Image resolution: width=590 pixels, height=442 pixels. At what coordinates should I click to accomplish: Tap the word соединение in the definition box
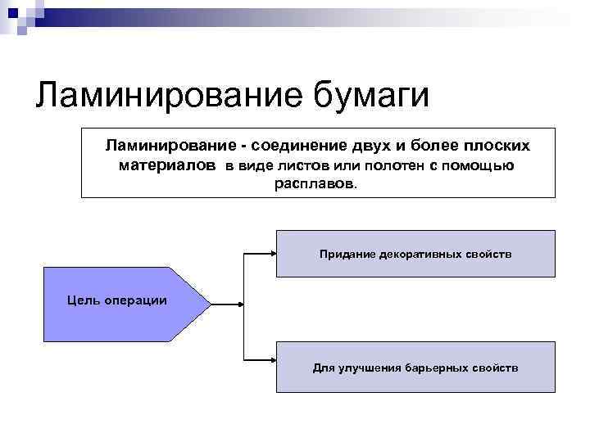coord(303,146)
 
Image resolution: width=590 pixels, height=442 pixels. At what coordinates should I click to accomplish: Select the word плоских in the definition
coord(492,146)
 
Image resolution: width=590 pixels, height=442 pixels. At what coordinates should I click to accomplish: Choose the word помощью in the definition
coord(484,166)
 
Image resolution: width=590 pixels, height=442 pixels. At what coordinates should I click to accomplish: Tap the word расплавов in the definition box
coord(315,185)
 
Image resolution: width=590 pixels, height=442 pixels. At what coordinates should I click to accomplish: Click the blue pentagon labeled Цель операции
coord(115,302)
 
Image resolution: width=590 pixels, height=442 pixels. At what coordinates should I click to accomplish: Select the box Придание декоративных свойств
coord(415,254)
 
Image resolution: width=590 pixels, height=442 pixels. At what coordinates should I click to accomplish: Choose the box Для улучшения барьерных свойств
coord(415,368)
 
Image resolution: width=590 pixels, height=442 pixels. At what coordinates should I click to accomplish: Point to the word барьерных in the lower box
coord(437,368)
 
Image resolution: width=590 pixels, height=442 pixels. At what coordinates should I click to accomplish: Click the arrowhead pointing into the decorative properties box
coord(272,254)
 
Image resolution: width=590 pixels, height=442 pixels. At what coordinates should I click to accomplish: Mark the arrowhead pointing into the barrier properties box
coord(272,358)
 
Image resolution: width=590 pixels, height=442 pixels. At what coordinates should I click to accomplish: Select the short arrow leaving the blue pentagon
coord(226,304)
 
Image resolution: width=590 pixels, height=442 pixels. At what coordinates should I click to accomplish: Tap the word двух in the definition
coord(374,146)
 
